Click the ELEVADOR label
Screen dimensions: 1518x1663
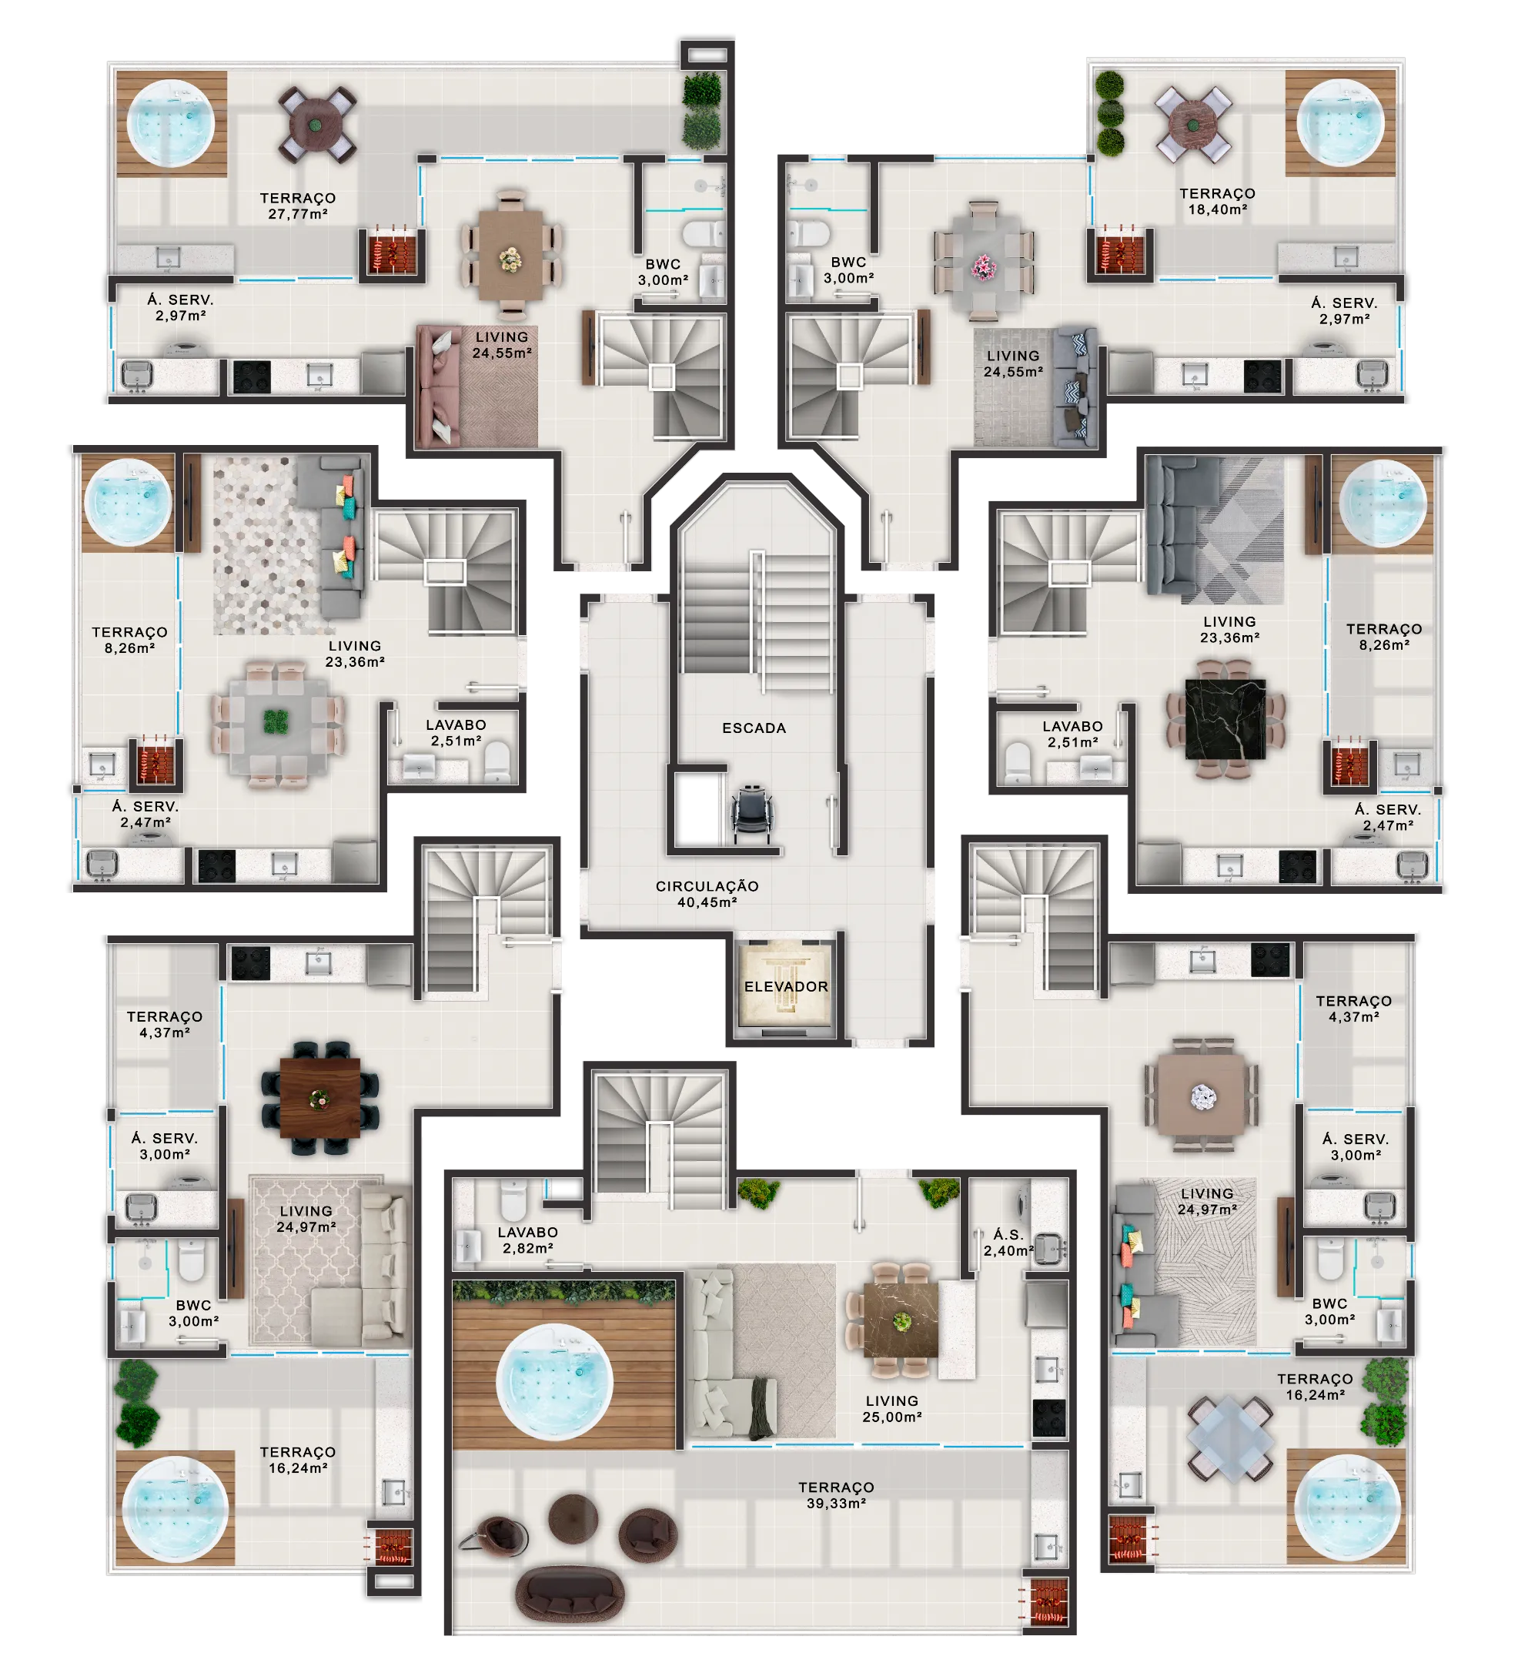pyautogui.click(x=785, y=986)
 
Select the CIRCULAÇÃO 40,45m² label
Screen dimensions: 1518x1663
pyautogui.click(x=707, y=894)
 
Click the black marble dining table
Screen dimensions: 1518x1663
pyautogui.click(x=1225, y=719)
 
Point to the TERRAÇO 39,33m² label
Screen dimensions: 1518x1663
pyautogui.click(x=835, y=1494)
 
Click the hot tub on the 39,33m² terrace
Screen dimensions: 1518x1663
pyautogui.click(x=554, y=1381)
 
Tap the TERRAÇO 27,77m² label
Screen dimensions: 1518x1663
pyautogui.click(x=298, y=206)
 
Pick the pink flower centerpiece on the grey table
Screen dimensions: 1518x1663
pyautogui.click(x=983, y=267)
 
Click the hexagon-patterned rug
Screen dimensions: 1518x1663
pyautogui.click(x=266, y=545)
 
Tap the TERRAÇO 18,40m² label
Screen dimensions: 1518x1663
pyautogui.click(x=1217, y=201)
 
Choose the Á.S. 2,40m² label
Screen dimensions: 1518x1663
pyautogui.click(x=1008, y=1243)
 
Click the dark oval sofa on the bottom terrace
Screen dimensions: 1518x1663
pyautogui.click(x=569, y=1595)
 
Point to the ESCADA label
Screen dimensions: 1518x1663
pyautogui.click(x=754, y=728)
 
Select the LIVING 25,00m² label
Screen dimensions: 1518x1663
pyautogui.click(x=891, y=1408)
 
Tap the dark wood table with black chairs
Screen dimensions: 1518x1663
pyautogui.click(x=319, y=1098)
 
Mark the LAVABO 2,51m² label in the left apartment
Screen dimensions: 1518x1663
pyautogui.click(x=455, y=732)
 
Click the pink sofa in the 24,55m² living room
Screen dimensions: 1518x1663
pyautogui.click(x=437, y=386)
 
